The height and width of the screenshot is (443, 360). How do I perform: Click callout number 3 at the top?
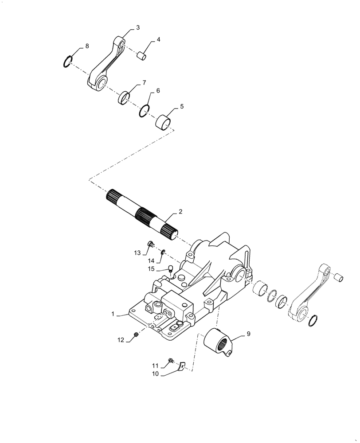click(138, 27)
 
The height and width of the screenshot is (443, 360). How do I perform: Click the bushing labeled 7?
click(125, 96)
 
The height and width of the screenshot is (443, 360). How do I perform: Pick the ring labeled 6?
click(144, 110)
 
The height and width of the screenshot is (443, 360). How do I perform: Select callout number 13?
click(137, 253)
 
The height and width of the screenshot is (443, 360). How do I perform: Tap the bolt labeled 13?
click(150, 243)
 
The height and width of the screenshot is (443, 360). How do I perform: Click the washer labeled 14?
click(163, 253)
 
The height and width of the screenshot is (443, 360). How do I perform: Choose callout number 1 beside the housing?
click(113, 314)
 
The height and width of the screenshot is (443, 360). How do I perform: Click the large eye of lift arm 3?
click(102, 82)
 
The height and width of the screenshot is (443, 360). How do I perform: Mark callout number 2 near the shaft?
click(180, 212)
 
